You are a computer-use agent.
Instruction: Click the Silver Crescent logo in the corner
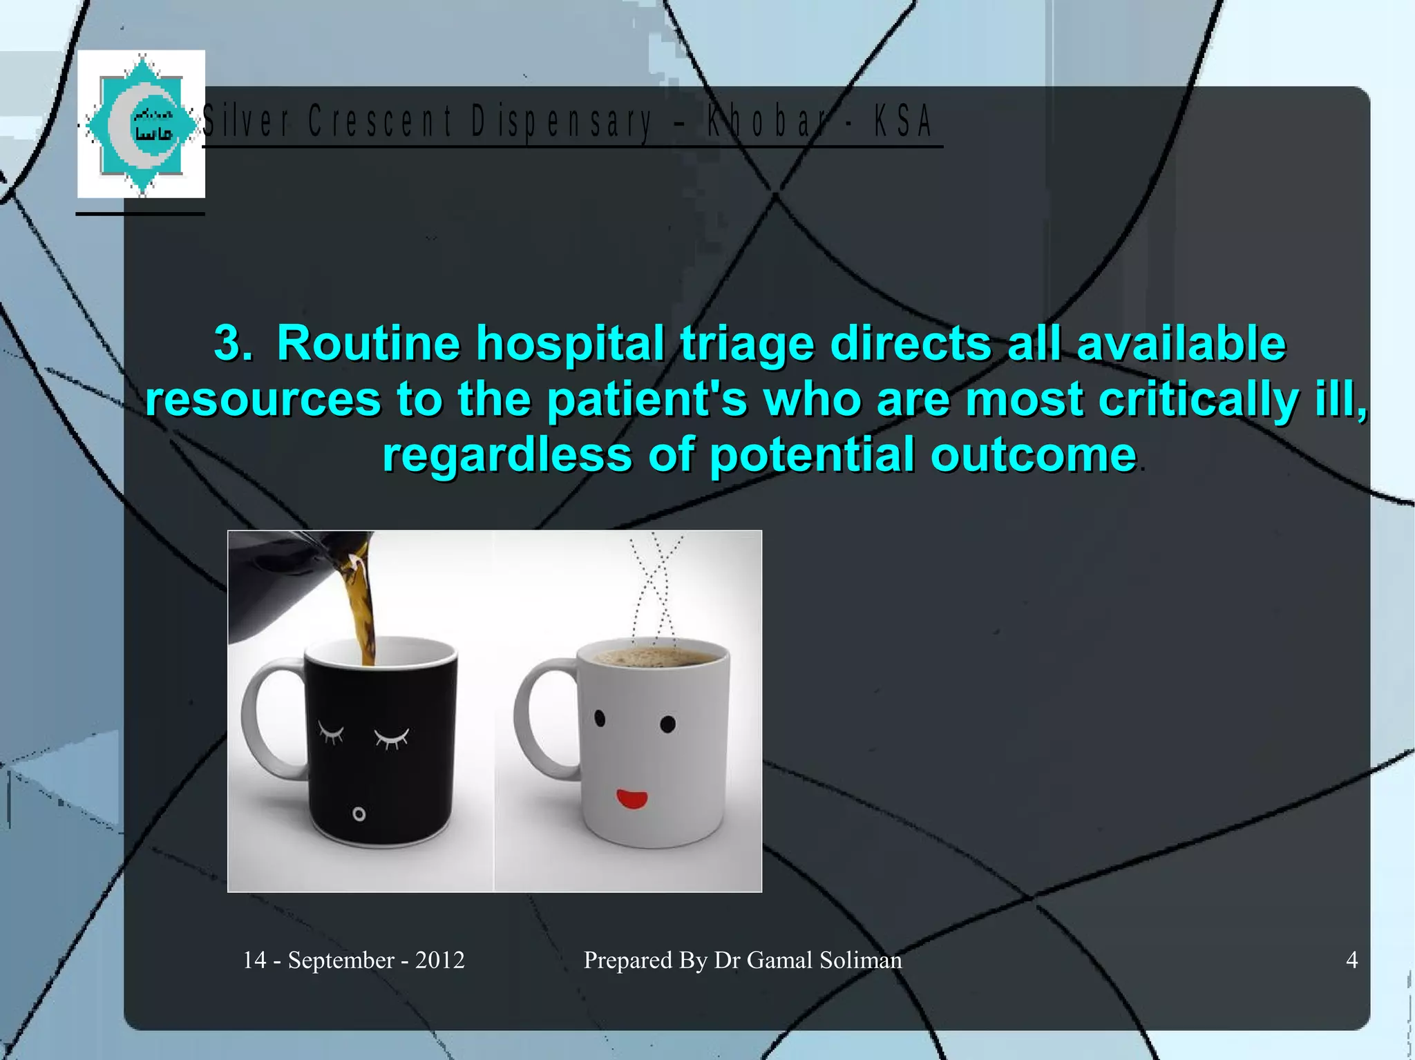click(x=141, y=124)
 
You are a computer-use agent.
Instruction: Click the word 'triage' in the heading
click(x=747, y=343)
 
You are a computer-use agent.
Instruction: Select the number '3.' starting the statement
click(x=232, y=343)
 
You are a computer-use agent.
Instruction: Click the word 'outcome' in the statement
click(x=1033, y=455)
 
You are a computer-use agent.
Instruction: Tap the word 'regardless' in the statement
click(x=507, y=455)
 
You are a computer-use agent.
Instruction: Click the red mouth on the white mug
click(x=631, y=800)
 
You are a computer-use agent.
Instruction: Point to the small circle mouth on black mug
click(x=359, y=814)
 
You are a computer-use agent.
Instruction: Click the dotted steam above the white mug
click(x=654, y=587)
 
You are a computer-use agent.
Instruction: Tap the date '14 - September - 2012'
click(x=353, y=960)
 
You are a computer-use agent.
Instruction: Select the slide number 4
click(x=1351, y=960)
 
